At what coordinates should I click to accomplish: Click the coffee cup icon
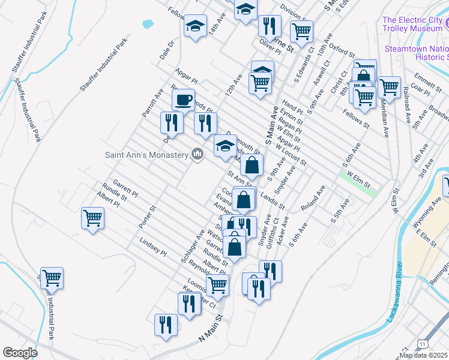[x=183, y=98]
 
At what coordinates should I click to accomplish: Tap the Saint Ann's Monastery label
[x=146, y=154]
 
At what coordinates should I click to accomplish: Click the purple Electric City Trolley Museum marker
[x=445, y=23]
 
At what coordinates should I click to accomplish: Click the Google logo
[x=20, y=353]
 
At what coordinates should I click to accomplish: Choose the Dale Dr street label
[x=166, y=51]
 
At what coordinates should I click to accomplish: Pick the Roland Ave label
[x=313, y=197]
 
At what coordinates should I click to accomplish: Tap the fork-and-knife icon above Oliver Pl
[x=270, y=25]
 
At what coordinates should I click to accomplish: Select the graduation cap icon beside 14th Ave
[x=194, y=26]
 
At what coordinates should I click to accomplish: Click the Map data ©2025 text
[x=424, y=355]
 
